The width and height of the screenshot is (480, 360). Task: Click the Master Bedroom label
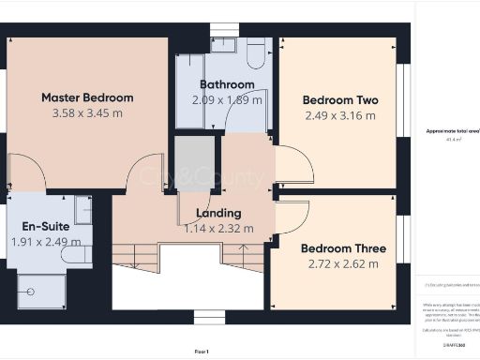87,97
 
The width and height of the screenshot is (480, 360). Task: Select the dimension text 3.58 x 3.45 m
87,113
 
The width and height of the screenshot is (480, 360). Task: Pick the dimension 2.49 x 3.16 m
338,116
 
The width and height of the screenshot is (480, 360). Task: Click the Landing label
218,213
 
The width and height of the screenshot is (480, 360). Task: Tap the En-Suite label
46,226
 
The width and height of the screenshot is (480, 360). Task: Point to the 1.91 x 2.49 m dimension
47,242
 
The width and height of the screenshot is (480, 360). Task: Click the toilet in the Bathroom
255,57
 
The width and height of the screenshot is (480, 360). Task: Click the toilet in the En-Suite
81,253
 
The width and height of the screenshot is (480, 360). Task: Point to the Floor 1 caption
201,351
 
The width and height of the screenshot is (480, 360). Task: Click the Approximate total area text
446,131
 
